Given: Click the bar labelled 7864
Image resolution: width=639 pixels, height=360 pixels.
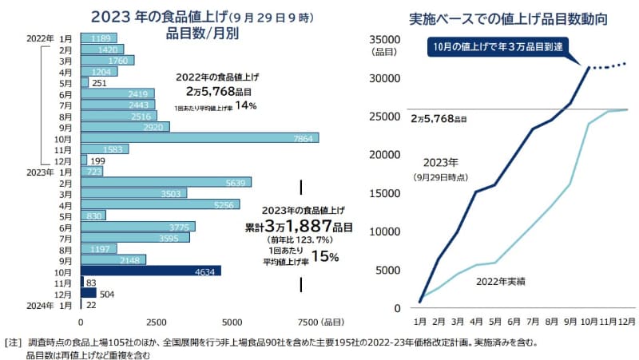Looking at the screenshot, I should click(200, 137).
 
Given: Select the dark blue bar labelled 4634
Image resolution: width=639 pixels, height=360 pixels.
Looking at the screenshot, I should click(151, 271).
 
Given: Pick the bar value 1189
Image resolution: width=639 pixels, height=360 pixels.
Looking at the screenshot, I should click(99, 38).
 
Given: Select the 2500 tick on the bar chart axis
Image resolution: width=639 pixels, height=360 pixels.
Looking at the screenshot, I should click(157, 322).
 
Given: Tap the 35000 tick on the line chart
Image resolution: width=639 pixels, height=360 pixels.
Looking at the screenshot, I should click(383, 38).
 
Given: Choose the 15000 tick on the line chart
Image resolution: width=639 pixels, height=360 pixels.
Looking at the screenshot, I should click(383, 192).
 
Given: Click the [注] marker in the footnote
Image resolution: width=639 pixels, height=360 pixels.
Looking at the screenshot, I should click(14, 342).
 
